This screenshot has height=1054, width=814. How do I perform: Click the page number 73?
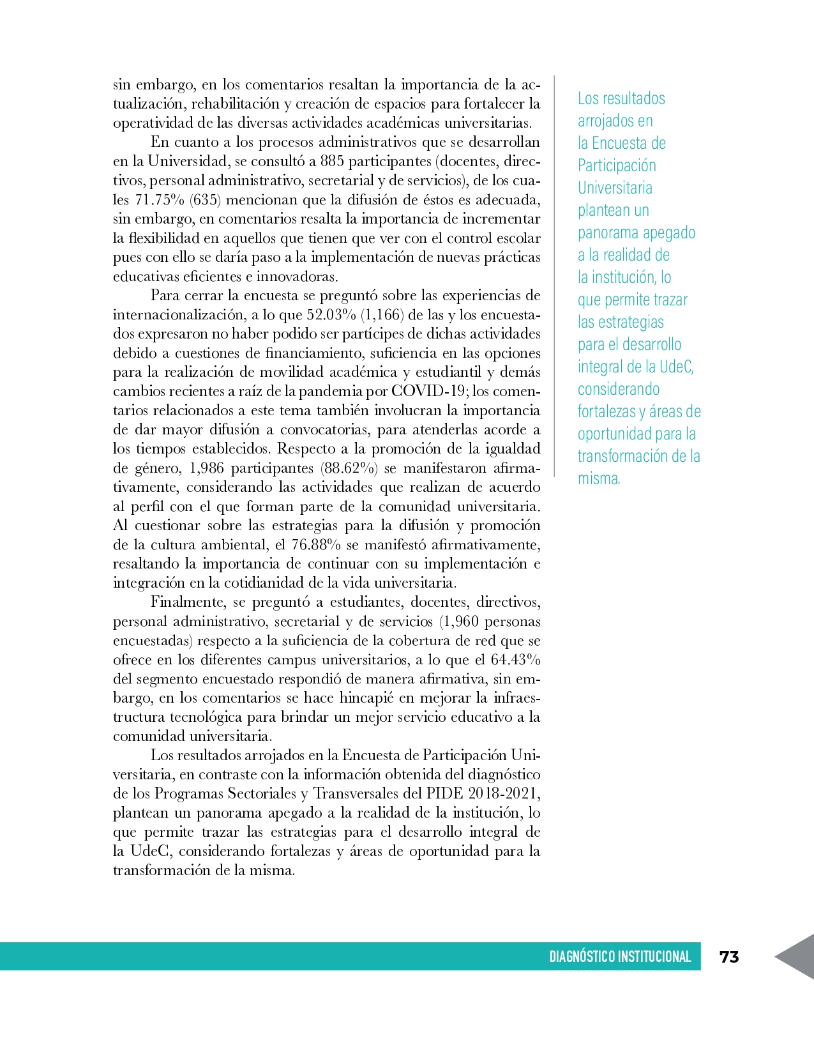728,956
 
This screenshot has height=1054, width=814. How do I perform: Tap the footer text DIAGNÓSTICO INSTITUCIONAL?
620,956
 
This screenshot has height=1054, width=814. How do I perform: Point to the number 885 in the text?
333,161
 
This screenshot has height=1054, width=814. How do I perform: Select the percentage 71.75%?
160,199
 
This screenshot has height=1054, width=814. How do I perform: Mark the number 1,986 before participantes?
206,468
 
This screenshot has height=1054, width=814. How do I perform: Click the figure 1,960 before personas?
459,621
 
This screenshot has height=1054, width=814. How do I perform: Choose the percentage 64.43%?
515,659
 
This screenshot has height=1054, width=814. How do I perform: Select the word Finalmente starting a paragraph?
188,602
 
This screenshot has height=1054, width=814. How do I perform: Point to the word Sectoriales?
264,793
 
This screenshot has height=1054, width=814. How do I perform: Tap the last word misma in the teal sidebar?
599,478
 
